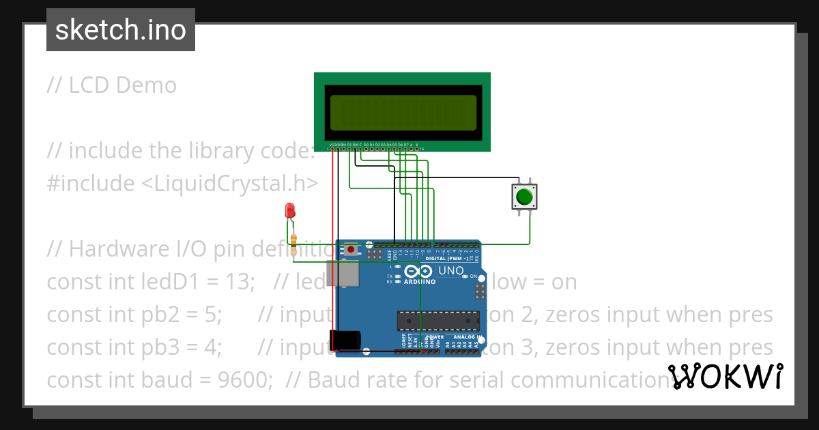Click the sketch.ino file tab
pos(120,31)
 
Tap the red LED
pos(290,210)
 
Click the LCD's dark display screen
pos(403,113)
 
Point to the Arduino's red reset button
pos(351,250)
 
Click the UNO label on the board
pos(451,271)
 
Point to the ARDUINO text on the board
pos(420,281)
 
